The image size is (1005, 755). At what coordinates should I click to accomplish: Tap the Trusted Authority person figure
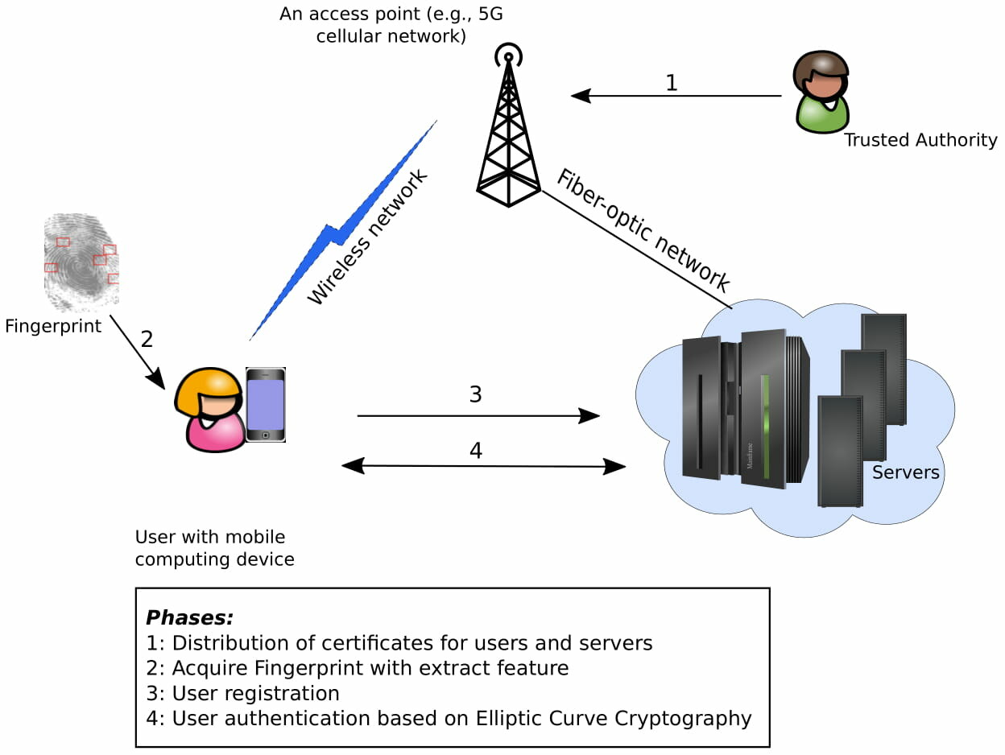click(x=820, y=92)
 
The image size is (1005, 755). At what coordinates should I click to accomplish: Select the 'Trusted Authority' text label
click(x=920, y=140)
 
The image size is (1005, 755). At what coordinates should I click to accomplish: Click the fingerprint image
click(x=81, y=262)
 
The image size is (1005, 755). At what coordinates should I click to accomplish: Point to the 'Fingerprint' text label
click(x=53, y=326)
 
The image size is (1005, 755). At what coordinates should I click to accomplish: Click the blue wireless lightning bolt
click(x=338, y=233)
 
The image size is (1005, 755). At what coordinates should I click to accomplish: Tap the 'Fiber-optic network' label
click(x=643, y=230)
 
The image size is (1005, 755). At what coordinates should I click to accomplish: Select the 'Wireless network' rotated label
click(x=368, y=237)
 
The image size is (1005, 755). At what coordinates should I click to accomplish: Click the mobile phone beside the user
click(x=266, y=405)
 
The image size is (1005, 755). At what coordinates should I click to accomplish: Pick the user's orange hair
click(x=208, y=386)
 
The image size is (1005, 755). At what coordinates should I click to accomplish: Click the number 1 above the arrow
click(x=671, y=83)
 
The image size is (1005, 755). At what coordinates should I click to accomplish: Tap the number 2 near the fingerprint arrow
click(x=147, y=339)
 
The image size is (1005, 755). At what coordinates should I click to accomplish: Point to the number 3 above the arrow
click(x=475, y=394)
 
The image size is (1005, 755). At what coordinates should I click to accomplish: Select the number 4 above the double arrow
click(x=475, y=451)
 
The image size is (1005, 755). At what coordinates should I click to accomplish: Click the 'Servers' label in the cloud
click(x=905, y=472)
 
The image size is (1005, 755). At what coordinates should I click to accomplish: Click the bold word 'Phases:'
click(x=189, y=618)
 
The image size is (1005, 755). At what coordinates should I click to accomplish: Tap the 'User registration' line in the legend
click(x=255, y=693)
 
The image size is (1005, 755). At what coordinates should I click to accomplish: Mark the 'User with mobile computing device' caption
click(x=214, y=547)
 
